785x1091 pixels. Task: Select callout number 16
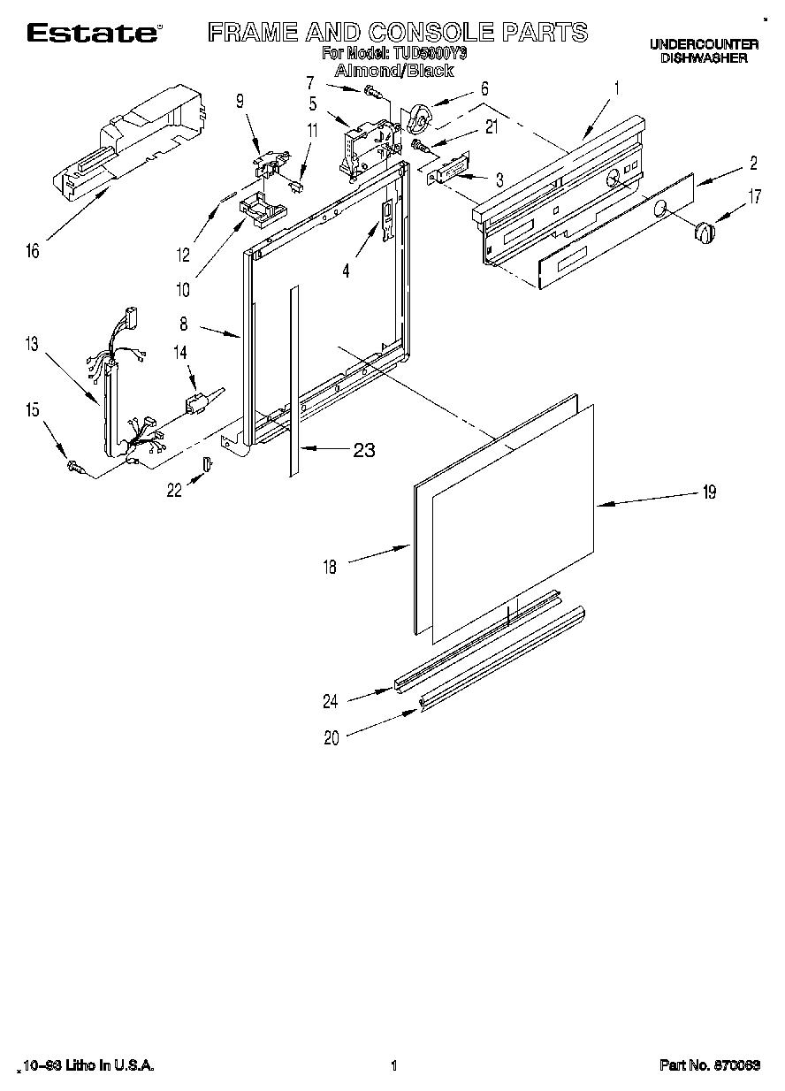32,251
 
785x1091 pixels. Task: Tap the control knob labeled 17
704,232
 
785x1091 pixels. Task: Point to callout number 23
363,450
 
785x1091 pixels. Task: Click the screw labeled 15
75,466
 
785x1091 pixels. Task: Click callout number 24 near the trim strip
331,703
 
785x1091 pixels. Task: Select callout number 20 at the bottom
331,739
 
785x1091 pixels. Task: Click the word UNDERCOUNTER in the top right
704,43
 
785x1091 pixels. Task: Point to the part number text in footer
710,1066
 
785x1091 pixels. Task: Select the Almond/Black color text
393,71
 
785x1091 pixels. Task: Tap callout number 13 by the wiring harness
32,344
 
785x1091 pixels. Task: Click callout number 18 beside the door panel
330,568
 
